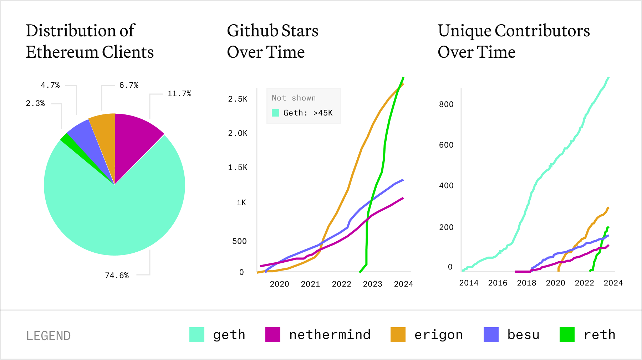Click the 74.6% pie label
click(117, 275)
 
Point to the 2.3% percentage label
click(35, 103)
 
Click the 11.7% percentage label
click(179, 94)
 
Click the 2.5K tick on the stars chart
click(238, 99)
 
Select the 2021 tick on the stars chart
click(310, 284)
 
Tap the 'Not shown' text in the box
click(294, 98)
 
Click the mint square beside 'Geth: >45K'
click(275, 113)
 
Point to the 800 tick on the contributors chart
click(446, 104)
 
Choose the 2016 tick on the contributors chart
click(498, 283)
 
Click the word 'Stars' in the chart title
click(299, 31)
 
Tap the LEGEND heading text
click(49, 336)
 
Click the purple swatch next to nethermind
click(273, 335)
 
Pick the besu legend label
click(523, 335)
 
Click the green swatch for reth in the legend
click(567, 335)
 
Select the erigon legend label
click(438, 335)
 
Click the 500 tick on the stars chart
click(239, 241)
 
